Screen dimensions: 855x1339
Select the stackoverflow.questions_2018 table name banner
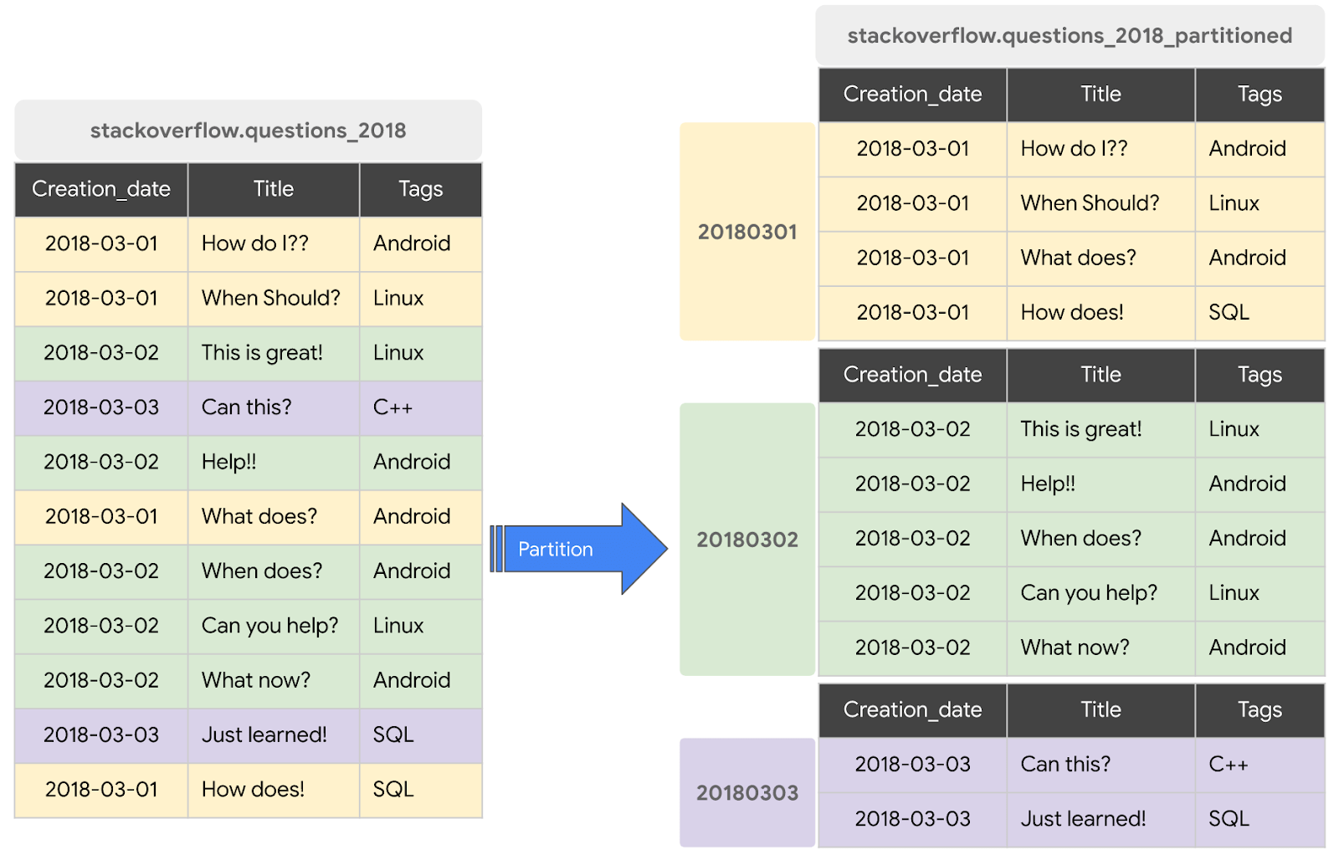pos(248,131)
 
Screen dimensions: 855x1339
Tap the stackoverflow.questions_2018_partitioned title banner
pos(1070,36)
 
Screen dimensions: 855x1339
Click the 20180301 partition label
pos(747,232)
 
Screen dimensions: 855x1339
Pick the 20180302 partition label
pos(747,540)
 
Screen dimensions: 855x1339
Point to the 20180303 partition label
pos(747,792)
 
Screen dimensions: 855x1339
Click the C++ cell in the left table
pos(393,407)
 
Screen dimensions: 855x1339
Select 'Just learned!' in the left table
pos(264,735)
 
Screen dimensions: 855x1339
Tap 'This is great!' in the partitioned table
pos(1080,429)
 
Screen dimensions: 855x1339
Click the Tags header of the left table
pos(420,189)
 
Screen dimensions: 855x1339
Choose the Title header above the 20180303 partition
pos(1100,709)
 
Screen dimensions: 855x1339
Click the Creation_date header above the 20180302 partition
pos(912,375)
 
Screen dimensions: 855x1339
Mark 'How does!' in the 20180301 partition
pos(1072,312)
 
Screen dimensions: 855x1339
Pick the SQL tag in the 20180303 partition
pos(1229,818)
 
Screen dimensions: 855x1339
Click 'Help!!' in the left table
pos(229,462)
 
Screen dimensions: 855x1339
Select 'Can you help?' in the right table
pos(1089,592)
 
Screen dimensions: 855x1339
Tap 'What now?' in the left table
pos(256,680)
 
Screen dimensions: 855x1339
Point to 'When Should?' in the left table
pos(271,298)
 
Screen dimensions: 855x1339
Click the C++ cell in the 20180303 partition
pos(1229,764)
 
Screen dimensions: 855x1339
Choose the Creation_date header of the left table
pos(101,189)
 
